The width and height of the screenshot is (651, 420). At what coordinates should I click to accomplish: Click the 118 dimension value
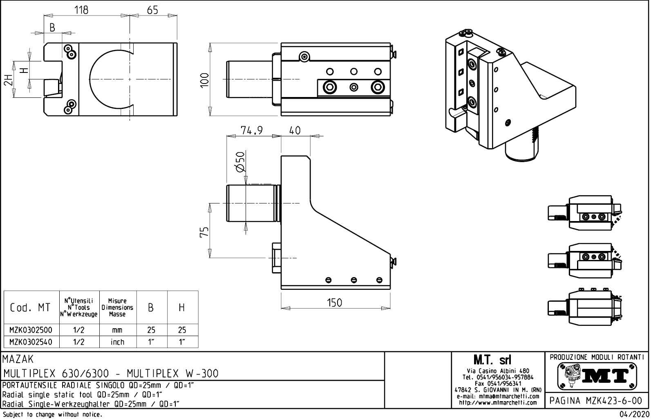(x=82, y=10)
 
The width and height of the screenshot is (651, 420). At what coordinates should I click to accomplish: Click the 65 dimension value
(x=152, y=10)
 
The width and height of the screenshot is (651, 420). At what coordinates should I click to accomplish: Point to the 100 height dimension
(x=205, y=79)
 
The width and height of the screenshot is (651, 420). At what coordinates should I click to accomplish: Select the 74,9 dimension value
(x=252, y=130)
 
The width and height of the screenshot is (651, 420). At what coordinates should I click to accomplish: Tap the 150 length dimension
(x=334, y=303)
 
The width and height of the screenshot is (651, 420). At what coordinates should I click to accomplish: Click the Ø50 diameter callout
(x=240, y=162)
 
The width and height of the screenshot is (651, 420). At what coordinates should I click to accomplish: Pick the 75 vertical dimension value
(x=205, y=231)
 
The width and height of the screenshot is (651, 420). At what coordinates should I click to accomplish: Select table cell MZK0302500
(x=31, y=330)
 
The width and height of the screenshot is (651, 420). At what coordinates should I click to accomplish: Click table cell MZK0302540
(x=31, y=342)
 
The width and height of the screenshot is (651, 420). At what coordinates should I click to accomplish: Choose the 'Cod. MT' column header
(x=30, y=307)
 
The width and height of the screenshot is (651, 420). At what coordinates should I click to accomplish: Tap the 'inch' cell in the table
(x=117, y=342)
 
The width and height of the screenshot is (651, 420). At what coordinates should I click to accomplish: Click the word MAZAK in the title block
(x=18, y=359)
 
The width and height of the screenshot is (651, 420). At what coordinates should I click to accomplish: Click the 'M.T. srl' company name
(x=492, y=360)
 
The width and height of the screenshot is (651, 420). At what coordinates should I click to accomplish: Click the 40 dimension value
(x=295, y=130)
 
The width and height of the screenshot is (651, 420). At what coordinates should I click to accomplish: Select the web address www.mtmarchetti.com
(x=498, y=402)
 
